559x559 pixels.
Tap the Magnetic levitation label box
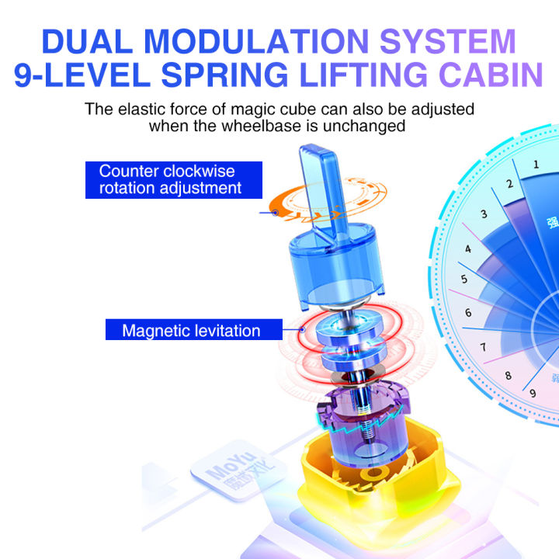(190, 331)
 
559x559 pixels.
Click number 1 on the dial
(536, 164)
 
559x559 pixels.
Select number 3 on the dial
(484, 215)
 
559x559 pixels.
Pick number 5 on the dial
(464, 279)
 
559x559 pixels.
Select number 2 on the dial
(509, 184)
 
